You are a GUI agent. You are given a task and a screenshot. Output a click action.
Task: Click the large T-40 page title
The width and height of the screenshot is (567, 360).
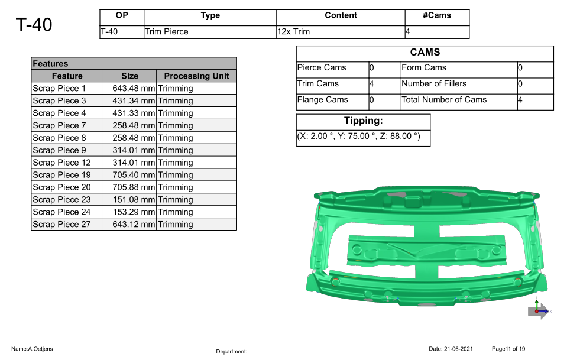(x=34, y=25)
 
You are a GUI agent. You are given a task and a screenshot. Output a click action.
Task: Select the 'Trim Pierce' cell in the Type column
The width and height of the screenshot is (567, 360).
(x=166, y=32)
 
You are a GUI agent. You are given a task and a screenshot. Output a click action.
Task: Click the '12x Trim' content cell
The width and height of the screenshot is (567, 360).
(x=294, y=32)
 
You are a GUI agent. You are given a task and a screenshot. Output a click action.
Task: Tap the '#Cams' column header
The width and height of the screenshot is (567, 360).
(x=437, y=15)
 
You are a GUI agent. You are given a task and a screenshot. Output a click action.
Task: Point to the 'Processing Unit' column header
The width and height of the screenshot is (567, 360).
(x=196, y=76)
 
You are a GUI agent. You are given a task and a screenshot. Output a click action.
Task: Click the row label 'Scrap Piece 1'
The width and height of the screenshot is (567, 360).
(x=59, y=89)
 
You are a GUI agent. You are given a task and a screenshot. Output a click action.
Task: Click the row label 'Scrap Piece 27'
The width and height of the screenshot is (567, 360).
(x=61, y=225)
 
